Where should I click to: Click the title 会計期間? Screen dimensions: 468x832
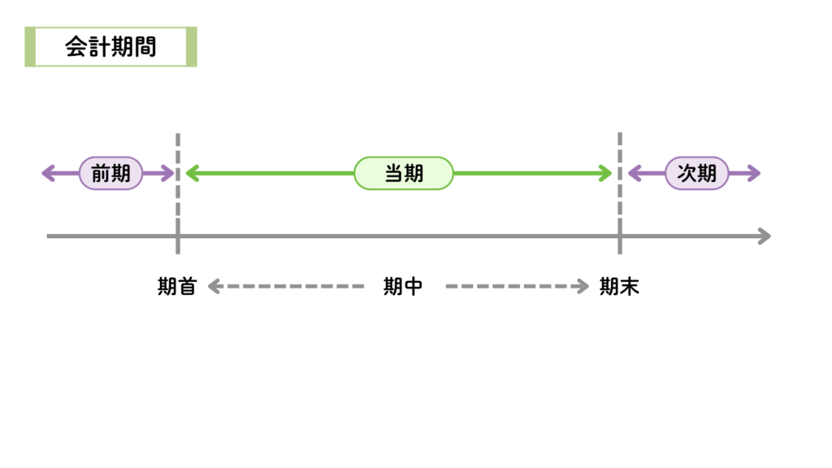110,47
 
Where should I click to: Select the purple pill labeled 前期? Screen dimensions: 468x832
110,173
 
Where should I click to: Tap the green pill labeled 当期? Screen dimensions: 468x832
404,173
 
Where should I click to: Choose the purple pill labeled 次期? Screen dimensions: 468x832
697,173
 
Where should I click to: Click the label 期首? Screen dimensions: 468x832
177,287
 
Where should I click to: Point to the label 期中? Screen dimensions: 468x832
403,287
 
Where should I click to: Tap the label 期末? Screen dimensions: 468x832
619,287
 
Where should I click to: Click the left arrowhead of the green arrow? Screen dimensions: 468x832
192,173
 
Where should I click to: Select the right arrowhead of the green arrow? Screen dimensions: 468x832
605,173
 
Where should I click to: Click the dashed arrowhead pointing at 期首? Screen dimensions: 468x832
214,286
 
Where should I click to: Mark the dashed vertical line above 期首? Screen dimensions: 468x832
178,187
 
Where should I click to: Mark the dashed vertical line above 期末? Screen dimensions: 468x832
620,187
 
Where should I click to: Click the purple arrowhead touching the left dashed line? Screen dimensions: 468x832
168,173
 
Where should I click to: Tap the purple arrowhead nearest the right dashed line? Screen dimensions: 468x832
634,173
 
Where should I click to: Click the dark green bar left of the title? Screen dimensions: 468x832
29,47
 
